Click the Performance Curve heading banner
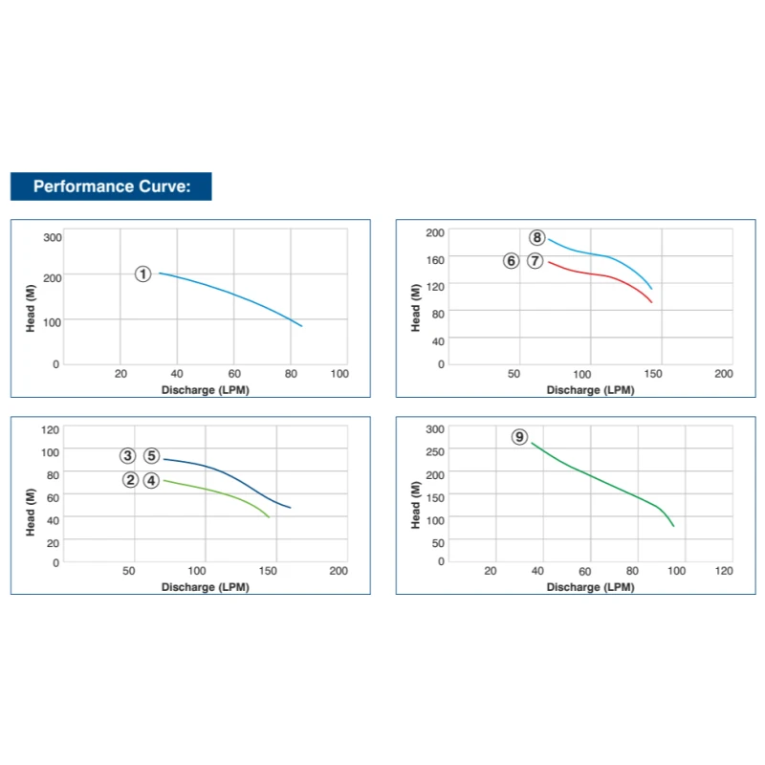coord(110,186)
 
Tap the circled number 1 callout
coord(143,274)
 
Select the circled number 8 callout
coord(536,238)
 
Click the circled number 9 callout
coord(519,437)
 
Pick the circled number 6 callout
coord(512,261)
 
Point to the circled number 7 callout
coord(535,261)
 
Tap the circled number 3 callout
coord(128,456)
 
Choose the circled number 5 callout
coord(151,456)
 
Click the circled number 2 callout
coord(130,480)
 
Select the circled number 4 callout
coord(151,480)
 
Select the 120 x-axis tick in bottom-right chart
coord(724,571)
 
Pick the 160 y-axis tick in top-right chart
coord(435,258)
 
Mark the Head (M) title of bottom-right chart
coord(416,505)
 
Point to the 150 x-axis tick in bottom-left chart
coord(271,571)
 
